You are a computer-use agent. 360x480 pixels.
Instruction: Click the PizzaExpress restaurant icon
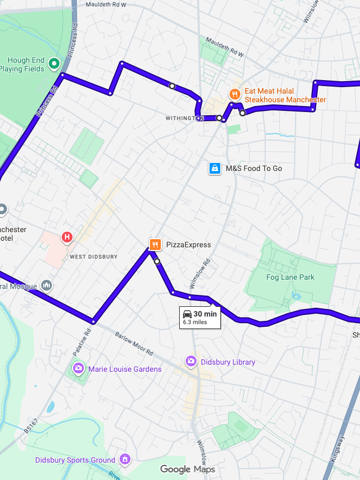(155, 245)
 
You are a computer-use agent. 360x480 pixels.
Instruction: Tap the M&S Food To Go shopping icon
(215, 168)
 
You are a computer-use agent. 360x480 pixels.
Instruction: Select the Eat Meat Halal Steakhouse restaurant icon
(234, 94)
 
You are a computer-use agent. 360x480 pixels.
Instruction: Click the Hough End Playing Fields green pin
(54, 64)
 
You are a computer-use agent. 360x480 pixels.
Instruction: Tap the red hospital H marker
(67, 236)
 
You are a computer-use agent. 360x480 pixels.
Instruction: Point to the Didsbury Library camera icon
(191, 361)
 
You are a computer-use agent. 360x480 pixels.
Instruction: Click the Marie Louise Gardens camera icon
(78, 369)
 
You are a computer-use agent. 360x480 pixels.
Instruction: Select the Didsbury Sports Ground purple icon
(126, 460)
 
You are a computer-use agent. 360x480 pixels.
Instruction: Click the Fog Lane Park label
(290, 278)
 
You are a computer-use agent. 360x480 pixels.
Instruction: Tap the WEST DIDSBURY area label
(93, 257)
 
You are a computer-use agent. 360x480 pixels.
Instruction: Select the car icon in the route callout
(187, 314)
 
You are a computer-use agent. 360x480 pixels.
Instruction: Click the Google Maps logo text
(187, 469)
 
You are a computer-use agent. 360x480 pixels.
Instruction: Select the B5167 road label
(31, 425)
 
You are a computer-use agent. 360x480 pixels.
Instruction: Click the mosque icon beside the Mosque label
(47, 285)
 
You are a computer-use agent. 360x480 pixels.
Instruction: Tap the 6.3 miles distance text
(195, 322)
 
